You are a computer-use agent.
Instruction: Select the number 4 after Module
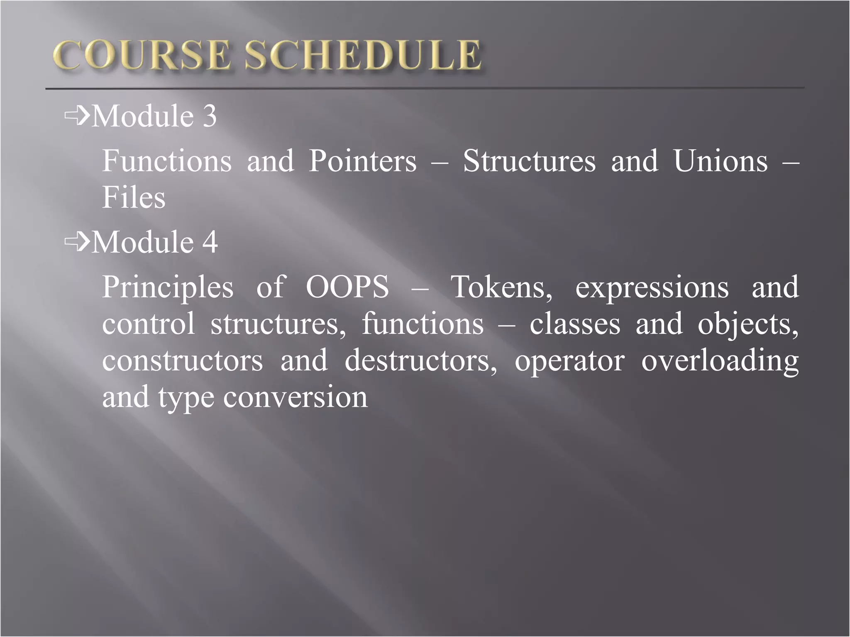210,242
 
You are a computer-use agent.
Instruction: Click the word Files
134,197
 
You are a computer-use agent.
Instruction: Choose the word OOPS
347,287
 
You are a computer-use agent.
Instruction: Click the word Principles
168,288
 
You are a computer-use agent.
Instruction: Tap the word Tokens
501,287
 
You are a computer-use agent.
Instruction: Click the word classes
575,324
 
